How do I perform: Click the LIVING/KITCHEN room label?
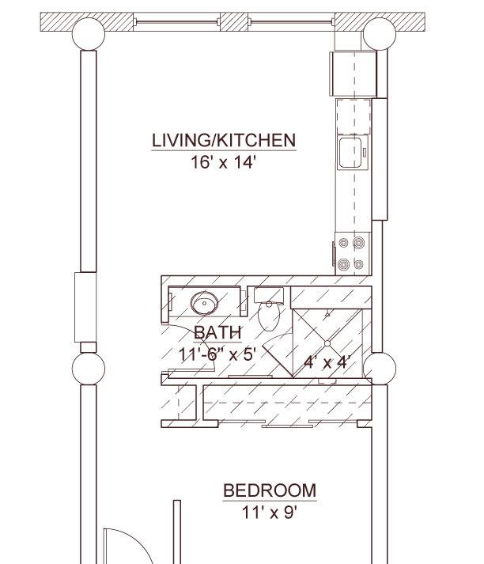224,140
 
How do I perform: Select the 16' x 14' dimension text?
223,162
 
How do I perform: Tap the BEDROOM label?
270,490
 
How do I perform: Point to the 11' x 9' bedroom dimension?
270,513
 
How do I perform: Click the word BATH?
218,332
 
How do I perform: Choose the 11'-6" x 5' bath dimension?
217,354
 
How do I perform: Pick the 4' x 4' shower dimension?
327,361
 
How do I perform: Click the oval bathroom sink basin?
204,303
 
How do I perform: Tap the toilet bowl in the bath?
269,316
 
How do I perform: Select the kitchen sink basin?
350,153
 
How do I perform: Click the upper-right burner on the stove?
358,243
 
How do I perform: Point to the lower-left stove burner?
343,265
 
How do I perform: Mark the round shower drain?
327,343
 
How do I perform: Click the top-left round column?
89,34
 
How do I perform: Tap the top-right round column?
380,34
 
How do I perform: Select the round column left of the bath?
89,369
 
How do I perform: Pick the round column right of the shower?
380,369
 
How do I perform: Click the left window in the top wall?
176,22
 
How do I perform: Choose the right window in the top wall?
291,22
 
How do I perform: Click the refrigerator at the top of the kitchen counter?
353,74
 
